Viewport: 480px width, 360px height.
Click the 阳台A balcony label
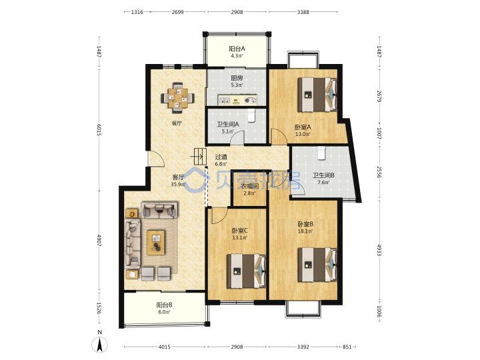pyautogui.click(x=237, y=49)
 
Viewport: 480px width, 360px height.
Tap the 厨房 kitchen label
pyautogui.click(x=237, y=78)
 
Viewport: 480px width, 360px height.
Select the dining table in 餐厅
pyautogui.click(x=177, y=98)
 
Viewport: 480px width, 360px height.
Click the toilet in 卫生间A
pyautogui.click(x=251, y=115)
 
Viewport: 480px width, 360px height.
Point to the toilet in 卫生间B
pyautogui.click(x=321, y=153)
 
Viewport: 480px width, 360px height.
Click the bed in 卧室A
pyautogui.click(x=317, y=95)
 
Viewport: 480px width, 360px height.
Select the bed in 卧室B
pyautogui.click(x=317, y=265)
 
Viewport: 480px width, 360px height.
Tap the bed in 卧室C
pyautogui.click(x=246, y=271)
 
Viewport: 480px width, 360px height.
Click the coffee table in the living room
pyautogui.click(x=156, y=243)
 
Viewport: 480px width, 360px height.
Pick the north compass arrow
pyautogui.click(x=99, y=345)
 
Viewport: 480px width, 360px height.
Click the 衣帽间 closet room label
pyautogui.click(x=249, y=186)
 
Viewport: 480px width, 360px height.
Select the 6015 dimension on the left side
pyautogui.click(x=99, y=130)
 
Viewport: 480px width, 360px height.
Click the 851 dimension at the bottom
pyautogui.click(x=347, y=347)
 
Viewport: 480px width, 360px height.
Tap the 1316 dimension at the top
pyautogui.click(x=137, y=12)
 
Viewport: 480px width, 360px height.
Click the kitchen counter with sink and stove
pyautogui.click(x=237, y=100)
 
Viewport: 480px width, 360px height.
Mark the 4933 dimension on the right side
pyautogui.click(x=379, y=250)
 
